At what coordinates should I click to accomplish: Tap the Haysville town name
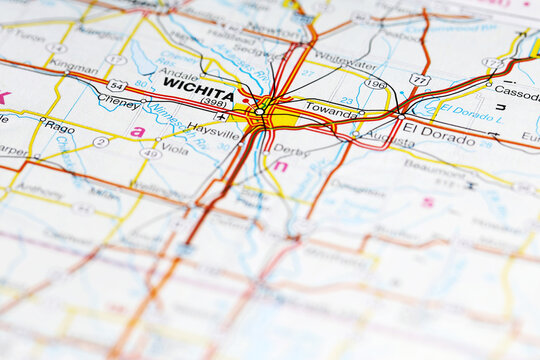[x=213, y=130]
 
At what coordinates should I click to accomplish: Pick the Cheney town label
[x=119, y=102]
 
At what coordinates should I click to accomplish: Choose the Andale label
[x=178, y=73]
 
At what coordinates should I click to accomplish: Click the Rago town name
[x=57, y=126]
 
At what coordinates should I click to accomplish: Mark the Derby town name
[x=291, y=150]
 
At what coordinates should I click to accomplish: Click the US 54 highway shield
[x=117, y=85]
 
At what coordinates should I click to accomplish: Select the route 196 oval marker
[x=375, y=84]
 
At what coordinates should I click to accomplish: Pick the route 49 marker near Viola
[x=150, y=153]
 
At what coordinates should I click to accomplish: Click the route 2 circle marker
[x=100, y=142]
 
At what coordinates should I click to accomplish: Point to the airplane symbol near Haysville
[x=221, y=116]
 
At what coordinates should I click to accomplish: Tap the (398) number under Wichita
[x=213, y=101]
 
